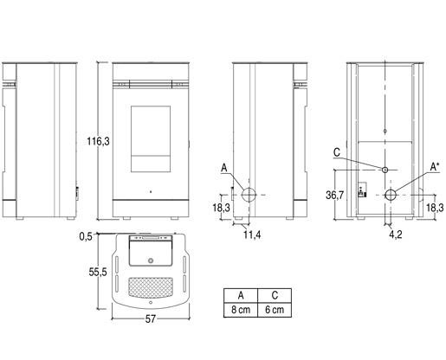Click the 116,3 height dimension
point(98,141)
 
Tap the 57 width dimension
point(151,318)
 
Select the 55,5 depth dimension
point(98,272)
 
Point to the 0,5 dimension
point(86,236)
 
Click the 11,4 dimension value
point(252,235)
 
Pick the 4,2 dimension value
point(395,235)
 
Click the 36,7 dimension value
point(334,196)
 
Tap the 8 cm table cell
point(241,310)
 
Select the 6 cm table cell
point(275,310)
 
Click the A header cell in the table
point(241,296)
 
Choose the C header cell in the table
point(275,296)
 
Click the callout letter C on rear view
point(337,152)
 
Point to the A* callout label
point(435,167)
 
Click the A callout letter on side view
point(224,168)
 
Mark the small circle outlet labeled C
point(385,170)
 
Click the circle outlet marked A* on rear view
point(391,195)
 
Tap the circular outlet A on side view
point(249,195)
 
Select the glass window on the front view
point(151,139)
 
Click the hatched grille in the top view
point(151,287)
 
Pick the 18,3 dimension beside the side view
point(222,208)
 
